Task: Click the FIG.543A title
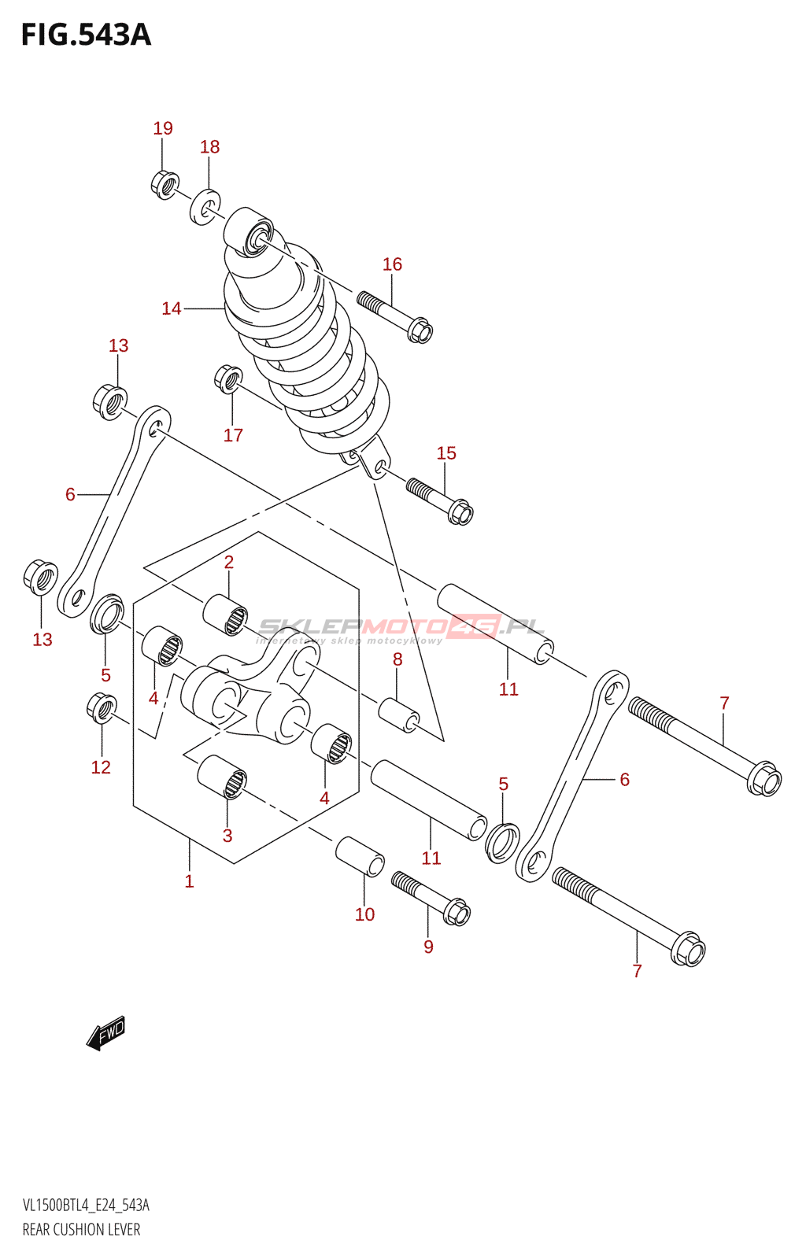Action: click(86, 35)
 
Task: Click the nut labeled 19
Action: click(164, 184)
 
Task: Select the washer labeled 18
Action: click(205, 205)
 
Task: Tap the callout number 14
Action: click(171, 308)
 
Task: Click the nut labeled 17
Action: click(227, 378)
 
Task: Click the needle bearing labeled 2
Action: click(225, 615)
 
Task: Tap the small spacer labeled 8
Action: click(399, 714)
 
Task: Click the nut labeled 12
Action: click(102, 708)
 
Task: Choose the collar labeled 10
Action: click(360, 856)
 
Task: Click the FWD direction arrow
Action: click(105, 1032)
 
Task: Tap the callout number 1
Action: click(189, 881)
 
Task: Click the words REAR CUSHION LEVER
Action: click(81, 1229)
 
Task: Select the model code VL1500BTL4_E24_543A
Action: click(86, 1205)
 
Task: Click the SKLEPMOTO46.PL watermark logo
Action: click(401, 627)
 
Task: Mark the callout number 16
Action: click(392, 264)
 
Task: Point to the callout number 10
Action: click(364, 914)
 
